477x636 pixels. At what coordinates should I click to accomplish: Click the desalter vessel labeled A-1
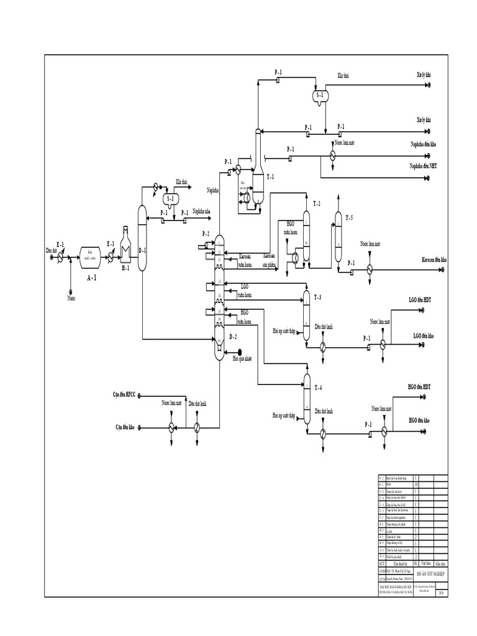pyautogui.click(x=93, y=255)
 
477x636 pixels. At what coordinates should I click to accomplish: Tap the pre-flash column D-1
pyautogui.click(x=142, y=238)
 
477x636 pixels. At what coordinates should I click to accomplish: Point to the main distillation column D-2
pyautogui.click(x=219, y=298)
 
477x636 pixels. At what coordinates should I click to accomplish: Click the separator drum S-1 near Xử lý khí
pyautogui.click(x=321, y=96)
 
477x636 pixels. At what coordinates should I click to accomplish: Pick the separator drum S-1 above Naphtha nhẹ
pyautogui.click(x=169, y=199)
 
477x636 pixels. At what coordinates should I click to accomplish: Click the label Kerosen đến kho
pyautogui.click(x=434, y=259)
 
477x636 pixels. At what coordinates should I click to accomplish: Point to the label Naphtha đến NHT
pyautogui.click(x=423, y=166)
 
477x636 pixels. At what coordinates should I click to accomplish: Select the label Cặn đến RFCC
pyautogui.click(x=124, y=394)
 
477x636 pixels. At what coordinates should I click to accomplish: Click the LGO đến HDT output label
pyautogui.click(x=420, y=299)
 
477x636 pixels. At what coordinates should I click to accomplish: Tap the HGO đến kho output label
pyautogui.click(x=421, y=420)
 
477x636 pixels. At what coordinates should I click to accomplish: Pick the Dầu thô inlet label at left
pyautogui.click(x=52, y=250)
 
